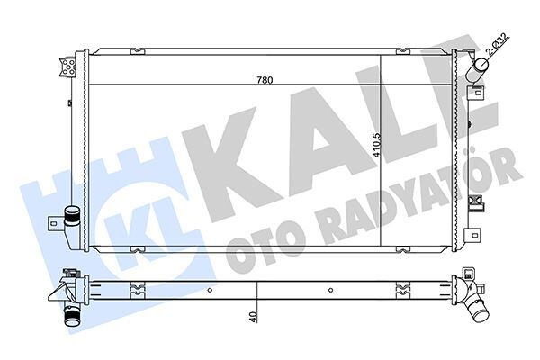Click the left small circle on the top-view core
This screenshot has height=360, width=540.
coord(209,291)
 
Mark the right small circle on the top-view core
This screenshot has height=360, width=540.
coord(332,291)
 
